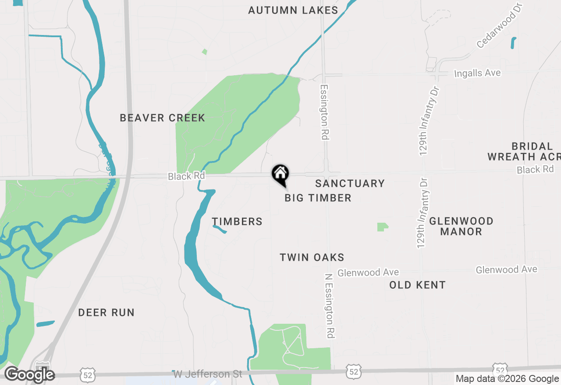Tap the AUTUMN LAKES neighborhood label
[293, 10]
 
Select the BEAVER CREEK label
[162, 118]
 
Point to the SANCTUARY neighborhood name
[350, 183]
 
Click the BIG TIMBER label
[318, 198]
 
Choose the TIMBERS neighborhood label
[237, 221]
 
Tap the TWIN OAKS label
[312, 257]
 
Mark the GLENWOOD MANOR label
[461, 226]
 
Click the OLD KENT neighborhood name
[417, 285]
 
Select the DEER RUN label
[106, 312]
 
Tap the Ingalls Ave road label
[477, 73]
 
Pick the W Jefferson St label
[208, 374]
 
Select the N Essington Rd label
[330, 306]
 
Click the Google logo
[29, 374]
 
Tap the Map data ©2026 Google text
[507, 379]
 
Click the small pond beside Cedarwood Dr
[513, 42]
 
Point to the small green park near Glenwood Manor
[382, 227]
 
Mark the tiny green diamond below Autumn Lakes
[205, 52]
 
